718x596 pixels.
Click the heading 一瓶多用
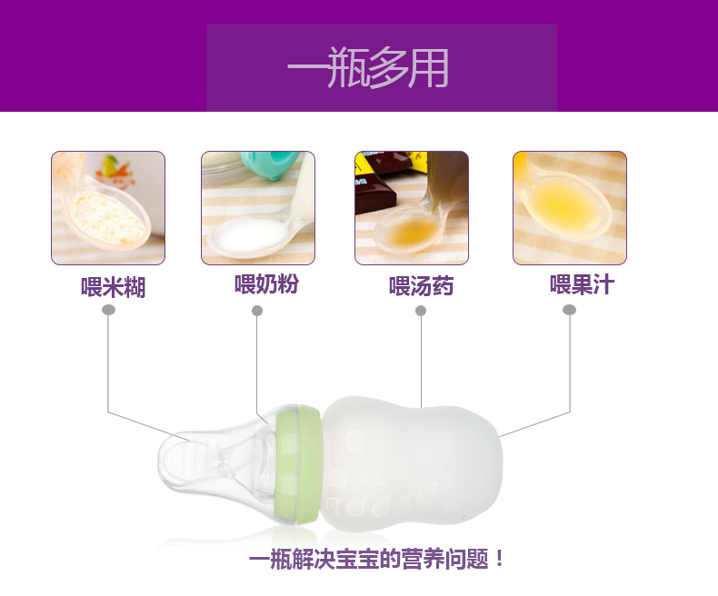point(368,67)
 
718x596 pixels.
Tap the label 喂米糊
point(113,287)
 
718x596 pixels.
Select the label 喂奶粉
point(266,283)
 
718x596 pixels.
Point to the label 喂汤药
point(422,286)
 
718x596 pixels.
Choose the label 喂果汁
point(582,284)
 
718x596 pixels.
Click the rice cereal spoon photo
point(108,208)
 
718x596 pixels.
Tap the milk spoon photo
point(258,208)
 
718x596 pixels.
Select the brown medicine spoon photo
point(412,208)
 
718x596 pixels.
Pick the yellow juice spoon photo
point(570,208)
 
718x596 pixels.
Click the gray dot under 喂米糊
point(108,310)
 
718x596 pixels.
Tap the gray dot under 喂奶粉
point(257,311)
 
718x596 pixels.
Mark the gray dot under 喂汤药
point(421,311)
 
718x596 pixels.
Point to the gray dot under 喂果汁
point(569,310)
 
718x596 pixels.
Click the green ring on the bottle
point(298,465)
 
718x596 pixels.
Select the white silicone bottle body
point(411,464)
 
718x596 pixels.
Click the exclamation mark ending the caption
point(499,559)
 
